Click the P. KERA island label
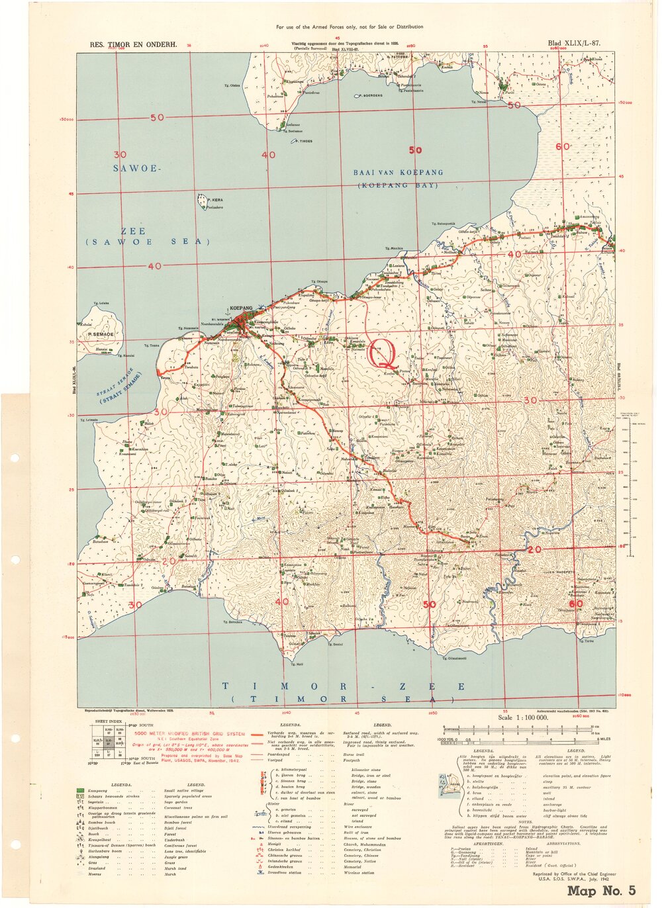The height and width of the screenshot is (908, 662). tap(214, 199)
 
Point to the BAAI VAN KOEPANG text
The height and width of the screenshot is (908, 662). tap(398, 173)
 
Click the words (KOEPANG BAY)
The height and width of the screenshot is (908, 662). tap(398, 186)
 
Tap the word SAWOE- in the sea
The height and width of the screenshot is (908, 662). tap(137, 169)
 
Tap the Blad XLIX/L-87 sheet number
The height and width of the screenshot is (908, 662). tap(574, 44)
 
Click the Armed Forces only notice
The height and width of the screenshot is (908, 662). tap(350, 27)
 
